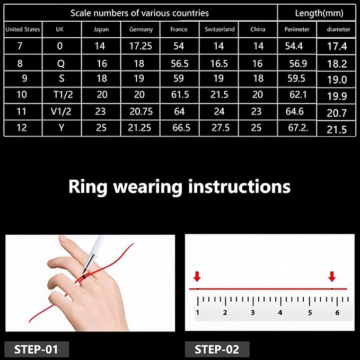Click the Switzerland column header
click(x=219, y=29)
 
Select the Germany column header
click(x=141, y=30)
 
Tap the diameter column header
click(x=338, y=29)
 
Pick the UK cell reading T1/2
click(x=63, y=94)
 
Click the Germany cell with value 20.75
click(x=141, y=111)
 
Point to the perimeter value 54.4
click(x=294, y=46)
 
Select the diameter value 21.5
click(x=337, y=130)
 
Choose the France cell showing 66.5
click(x=181, y=128)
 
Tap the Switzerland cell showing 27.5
click(x=221, y=128)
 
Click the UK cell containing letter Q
click(x=61, y=64)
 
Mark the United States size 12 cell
click(x=22, y=128)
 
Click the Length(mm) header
click(x=319, y=13)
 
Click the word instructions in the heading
click(x=240, y=186)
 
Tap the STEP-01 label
click(x=36, y=349)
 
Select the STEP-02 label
click(x=217, y=349)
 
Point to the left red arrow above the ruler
click(x=197, y=276)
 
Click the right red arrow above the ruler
click(x=332, y=276)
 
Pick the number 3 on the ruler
click(x=252, y=312)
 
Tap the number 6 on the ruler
click(x=337, y=312)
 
